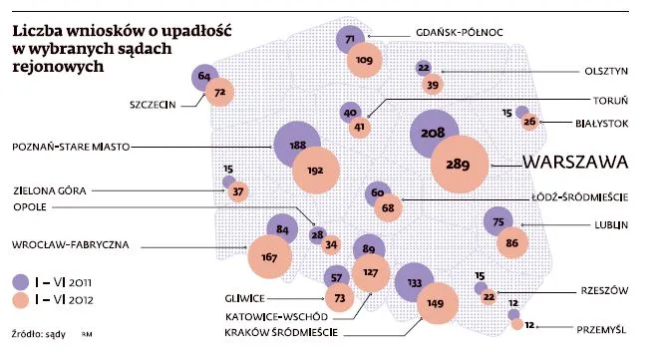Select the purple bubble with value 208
click(433, 134)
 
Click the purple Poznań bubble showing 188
click(297, 146)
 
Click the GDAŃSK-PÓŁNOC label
click(458, 32)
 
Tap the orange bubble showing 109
click(364, 61)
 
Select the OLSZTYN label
click(604, 71)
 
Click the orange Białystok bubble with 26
click(530, 123)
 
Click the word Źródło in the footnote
click(28, 336)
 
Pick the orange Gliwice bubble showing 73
click(342, 298)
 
